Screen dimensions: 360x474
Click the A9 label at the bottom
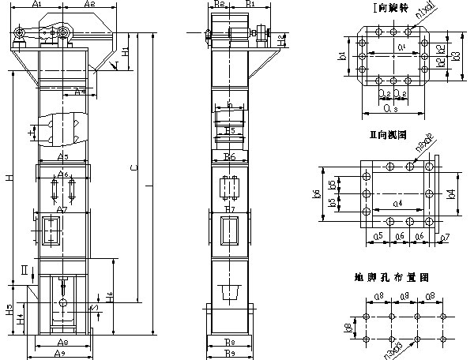61,353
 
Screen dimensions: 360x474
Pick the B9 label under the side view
229,353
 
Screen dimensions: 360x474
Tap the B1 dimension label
250,5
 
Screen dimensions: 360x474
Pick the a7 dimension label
446,236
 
